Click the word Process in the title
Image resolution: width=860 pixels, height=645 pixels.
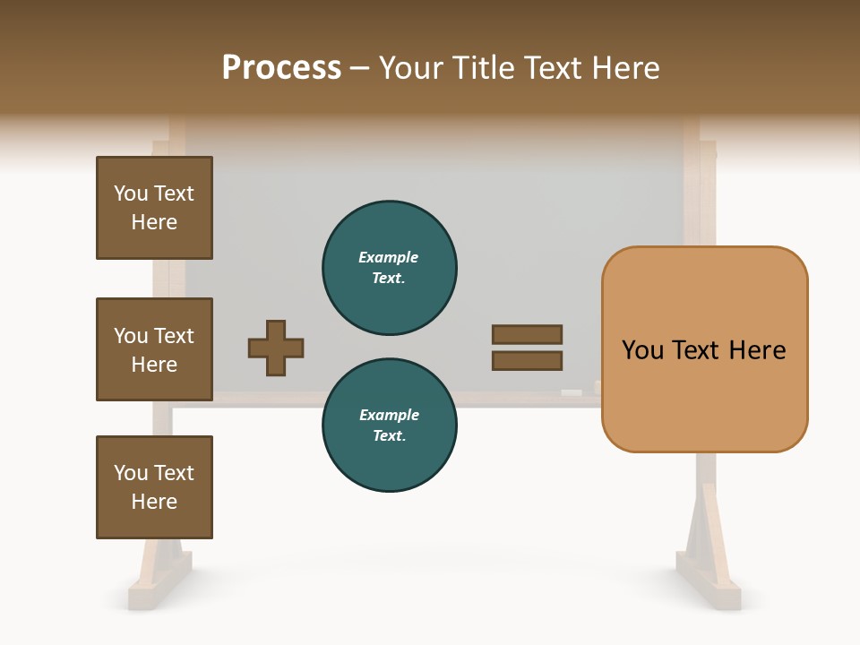pyautogui.click(x=281, y=68)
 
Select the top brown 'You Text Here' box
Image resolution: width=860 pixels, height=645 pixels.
pyautogui.click(x=154, y=208)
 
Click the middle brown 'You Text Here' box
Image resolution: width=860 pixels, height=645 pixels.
pyautogui.click(x=154, y=349)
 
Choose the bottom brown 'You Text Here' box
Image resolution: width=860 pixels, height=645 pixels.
pyautogui.click(x=154, y=487)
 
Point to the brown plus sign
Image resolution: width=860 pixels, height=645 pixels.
pyautogui.click(x=276, y=348)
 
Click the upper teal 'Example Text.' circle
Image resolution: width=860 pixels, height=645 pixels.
pyautogui.click(x=389, y=267)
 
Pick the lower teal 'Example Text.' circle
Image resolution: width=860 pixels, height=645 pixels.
pyautogui.click(x=389, y=425)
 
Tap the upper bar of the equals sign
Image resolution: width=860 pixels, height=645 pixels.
pyautogui.click(x=527, y=334)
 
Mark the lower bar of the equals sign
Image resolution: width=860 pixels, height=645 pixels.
pyautogui.click(x=527, y=360)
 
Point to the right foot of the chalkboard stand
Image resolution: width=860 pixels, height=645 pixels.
pyautogui.click(x=708, y=587)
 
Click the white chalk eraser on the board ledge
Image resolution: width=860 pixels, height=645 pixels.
pyautogui.click(x=571, y=392)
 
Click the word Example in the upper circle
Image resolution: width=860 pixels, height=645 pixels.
pyautogui.click(x=388, y=257)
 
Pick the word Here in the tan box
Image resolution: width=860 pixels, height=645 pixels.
pyautogui.click(x=757, y=349)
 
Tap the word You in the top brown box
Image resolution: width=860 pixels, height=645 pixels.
pyautogui.click(x=130, y=193)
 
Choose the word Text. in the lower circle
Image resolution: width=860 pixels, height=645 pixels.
pyautogui.click(x=389, y=435)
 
